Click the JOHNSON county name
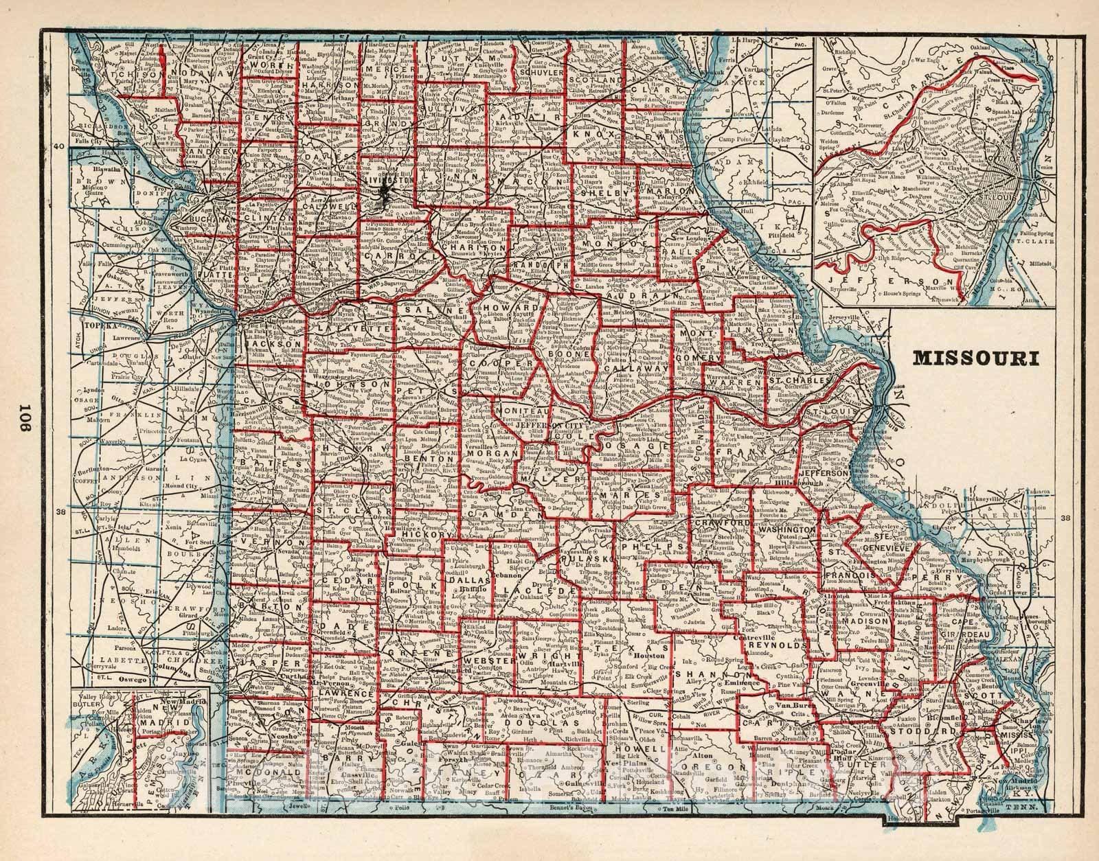point(341,386)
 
